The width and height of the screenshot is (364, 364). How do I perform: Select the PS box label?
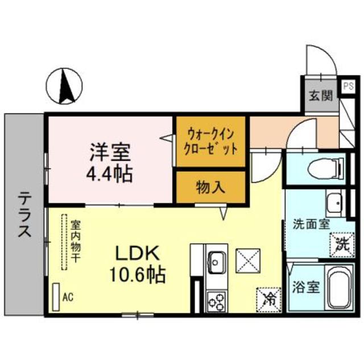pyautogui.click(x=348, y=86)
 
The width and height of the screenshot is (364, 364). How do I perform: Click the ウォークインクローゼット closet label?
pyautogui.click(x=211, y=141)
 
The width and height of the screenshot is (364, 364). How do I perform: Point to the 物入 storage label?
pyautogui.click(x=210, y=186)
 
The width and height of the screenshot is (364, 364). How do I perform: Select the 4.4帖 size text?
pyautogui.click(x=110, y=172)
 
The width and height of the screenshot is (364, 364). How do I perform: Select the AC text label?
pyautogui.click(x=68, y=296)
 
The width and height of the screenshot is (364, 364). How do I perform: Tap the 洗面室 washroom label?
pyautogui.click(x=311, y=224)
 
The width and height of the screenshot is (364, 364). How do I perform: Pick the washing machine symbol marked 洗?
pyautogui.click(x=340, y=245)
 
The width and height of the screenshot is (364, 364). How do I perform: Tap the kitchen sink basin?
pyautogui.click(x=217, y=261)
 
